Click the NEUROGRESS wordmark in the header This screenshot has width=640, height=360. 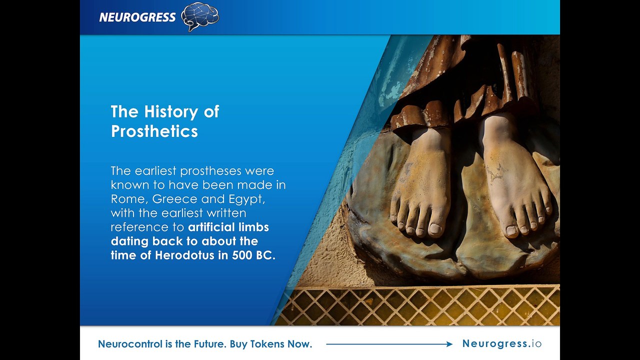[x=137, y=17]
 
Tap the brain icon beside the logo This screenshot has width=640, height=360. [x=200, y=16]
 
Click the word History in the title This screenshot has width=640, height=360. [x=170, y=111]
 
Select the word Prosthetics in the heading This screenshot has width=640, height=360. [x=154, y=131]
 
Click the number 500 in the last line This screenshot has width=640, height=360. [x=242, y=255]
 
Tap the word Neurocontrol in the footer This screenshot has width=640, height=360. [x=130, y=343]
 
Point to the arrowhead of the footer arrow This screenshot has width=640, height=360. [x=449, y=344]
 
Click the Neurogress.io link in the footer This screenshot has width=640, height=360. [x=501, y=343]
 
